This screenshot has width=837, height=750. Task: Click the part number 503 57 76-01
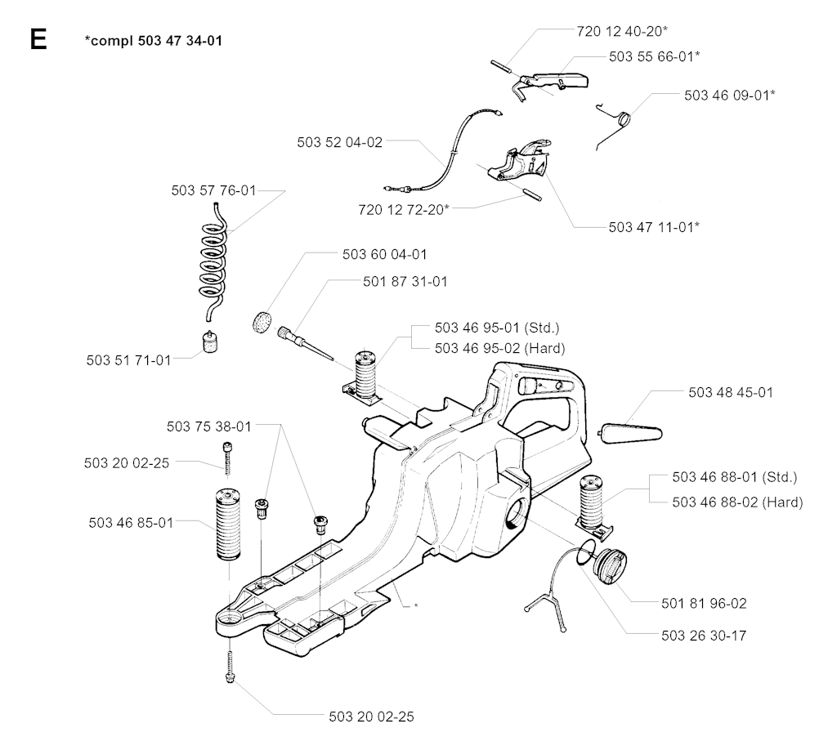214,191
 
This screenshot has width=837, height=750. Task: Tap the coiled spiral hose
213,254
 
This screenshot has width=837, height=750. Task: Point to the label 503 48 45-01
731,393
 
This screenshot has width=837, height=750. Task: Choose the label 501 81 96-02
704,604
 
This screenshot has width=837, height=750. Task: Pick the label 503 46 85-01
128,523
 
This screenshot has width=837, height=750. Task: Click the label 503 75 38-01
209,426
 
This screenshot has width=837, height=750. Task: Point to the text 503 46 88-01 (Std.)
734,477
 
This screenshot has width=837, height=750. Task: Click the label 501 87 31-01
404,281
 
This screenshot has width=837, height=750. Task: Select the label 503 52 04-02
340,141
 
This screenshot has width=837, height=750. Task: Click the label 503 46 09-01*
730,95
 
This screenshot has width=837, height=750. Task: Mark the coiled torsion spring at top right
623,120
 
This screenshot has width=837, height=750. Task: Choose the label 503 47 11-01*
654,226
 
